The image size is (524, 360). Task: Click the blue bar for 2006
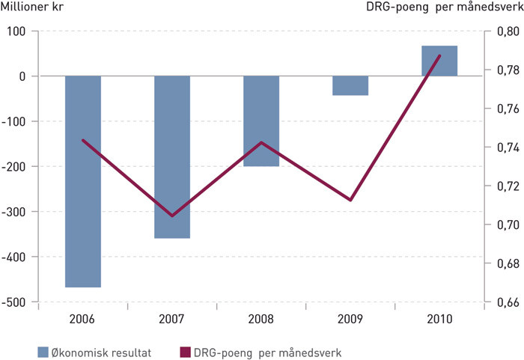pyautogui.click(x=82, y=181)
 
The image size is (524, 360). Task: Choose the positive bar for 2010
pyautogui.click(x=439, y=61)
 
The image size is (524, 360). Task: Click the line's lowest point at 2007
pyautogui.click(x=171, y=216)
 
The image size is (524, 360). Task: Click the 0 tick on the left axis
pyautogui.click(x=23, y=76)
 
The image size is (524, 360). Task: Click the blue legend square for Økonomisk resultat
pyautogui.click(x=43, y=350)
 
